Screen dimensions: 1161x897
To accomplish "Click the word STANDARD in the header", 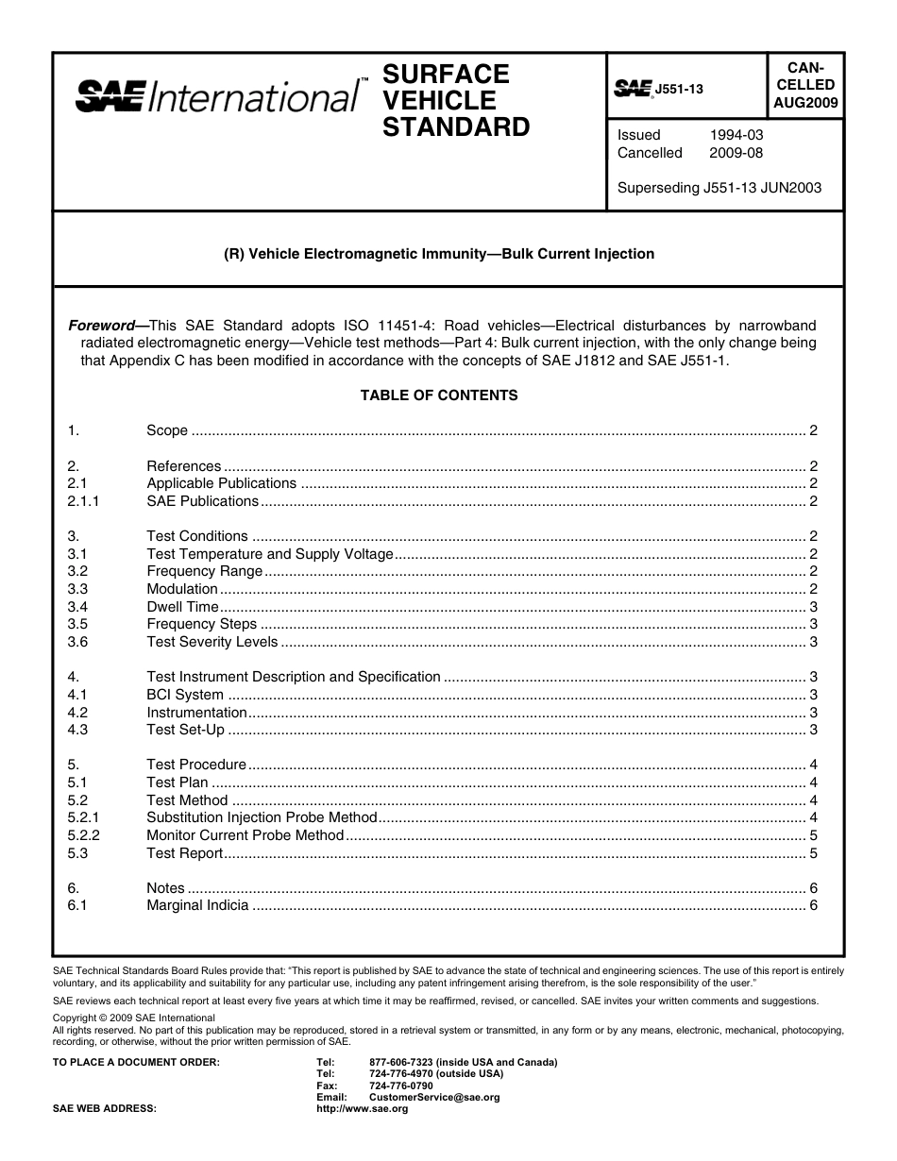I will [456, 127].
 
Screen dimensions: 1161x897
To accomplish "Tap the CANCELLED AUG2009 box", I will [804, 85].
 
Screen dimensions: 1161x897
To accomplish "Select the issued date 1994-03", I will [736, 135].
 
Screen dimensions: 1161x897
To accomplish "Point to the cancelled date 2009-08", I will [736, 153].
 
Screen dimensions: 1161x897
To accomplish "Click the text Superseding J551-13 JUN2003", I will [719, 187].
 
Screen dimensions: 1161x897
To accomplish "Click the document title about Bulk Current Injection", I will [439, 254].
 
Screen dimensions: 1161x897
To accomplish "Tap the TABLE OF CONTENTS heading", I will [439, 395].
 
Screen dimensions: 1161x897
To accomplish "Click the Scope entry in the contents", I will [167, 430].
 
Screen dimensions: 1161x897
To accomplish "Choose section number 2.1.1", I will [83, 501].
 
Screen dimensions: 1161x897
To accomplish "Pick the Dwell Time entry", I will [182, 607].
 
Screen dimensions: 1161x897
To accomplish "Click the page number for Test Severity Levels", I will [813, 642].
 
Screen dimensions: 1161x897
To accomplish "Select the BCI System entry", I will [185, 695].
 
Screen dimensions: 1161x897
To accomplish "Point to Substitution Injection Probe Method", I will [262, 817].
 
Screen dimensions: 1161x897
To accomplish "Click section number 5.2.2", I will [83, 835].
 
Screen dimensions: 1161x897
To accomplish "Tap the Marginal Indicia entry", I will [197, 905].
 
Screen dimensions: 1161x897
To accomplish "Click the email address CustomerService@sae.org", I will [434, 1098].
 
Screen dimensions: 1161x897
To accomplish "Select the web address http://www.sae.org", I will [364, 1109].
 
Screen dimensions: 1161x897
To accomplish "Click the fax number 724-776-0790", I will [401, 1085].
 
